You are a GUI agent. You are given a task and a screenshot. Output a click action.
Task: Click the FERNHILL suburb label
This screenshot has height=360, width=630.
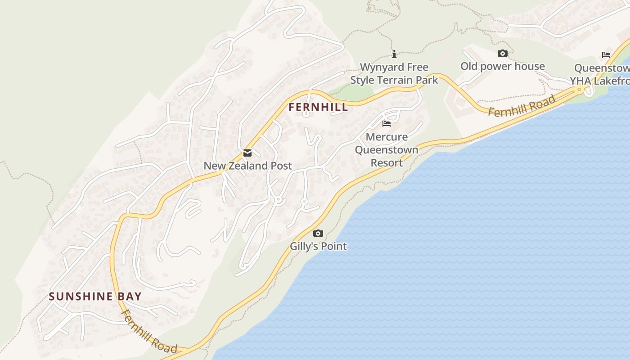(318, 107)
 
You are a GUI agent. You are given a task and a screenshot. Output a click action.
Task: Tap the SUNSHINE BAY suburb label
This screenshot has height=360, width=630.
(95, 297)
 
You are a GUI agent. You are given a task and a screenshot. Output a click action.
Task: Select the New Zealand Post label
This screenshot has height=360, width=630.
(247, 166)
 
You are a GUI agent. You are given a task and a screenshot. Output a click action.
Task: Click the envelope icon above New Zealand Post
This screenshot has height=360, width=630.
(247, 153)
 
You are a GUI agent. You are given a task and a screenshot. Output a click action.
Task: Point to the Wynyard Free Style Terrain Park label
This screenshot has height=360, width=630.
(394, 74)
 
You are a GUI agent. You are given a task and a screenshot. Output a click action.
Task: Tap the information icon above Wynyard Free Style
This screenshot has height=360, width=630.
(394, 54)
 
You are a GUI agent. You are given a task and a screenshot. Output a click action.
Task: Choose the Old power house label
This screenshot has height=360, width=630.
(503, 67)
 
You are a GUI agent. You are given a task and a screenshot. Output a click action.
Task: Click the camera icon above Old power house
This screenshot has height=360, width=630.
(503, 54)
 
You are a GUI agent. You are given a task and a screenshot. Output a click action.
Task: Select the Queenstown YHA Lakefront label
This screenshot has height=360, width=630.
(601, 75)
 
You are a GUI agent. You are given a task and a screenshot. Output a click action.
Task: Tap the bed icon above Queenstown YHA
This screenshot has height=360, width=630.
(606, 55)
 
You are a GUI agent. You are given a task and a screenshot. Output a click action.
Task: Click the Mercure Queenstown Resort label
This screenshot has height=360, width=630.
(387, 149)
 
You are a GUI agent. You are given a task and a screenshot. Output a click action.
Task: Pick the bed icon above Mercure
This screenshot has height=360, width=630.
(387, 124)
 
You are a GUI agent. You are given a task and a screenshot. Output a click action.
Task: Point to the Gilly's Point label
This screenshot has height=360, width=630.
(318, 247)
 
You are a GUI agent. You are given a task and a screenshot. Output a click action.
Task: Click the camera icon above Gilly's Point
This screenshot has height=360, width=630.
(318, 233)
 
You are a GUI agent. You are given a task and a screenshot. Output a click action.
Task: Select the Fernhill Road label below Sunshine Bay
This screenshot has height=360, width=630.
(149, 332)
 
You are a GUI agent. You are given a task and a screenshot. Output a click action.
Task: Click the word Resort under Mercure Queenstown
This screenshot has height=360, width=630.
(387, 162)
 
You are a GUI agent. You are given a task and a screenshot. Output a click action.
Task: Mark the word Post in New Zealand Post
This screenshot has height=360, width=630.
(281, 166)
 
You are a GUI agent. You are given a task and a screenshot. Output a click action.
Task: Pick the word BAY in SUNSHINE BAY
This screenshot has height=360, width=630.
(130, 297)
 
